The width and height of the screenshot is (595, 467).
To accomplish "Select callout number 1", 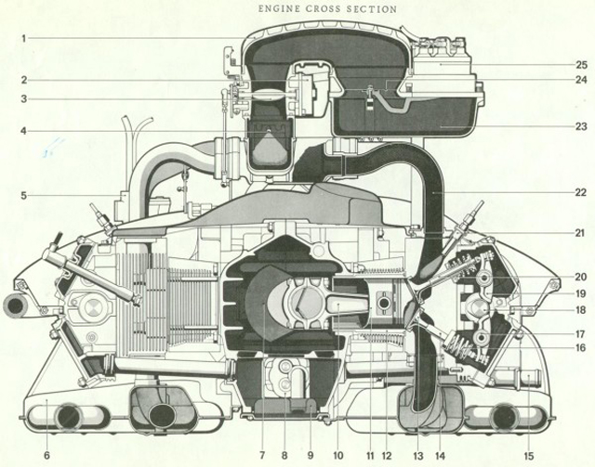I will [25, 38].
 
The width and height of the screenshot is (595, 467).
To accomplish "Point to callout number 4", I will [25, 130].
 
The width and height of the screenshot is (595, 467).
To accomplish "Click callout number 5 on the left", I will [25, 196].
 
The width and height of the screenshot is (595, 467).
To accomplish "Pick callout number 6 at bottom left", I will [47, 456].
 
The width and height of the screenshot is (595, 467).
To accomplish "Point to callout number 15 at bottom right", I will [529, 456].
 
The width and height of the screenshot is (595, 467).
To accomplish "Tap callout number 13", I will [416, 456].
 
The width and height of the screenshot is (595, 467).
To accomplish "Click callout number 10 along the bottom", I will [337, 456].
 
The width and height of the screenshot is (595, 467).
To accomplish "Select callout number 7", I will [262, 456].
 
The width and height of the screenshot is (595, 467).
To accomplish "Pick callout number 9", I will [310, 456].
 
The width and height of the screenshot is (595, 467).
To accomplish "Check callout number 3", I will [25, 99].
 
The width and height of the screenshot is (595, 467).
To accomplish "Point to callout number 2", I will [25, 80].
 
